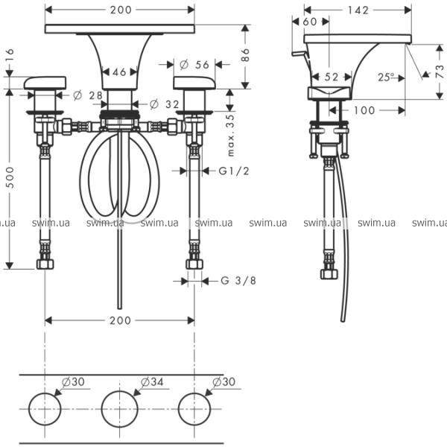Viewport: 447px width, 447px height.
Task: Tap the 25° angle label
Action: [387, 77]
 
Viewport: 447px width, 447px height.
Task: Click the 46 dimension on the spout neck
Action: [119, 72]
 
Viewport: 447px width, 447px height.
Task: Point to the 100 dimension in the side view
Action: [365, 110]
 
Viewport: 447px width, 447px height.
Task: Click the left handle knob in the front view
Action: [47, 83]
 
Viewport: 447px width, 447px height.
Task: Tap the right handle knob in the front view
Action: [192, 83]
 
